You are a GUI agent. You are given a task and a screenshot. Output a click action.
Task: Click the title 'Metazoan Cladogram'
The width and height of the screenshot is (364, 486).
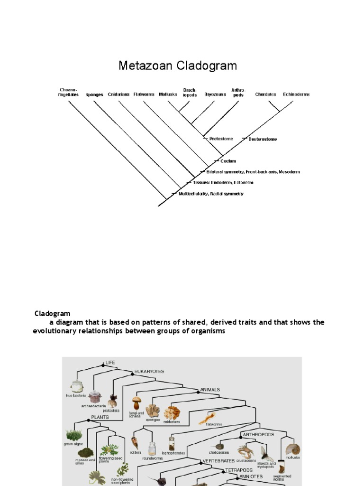[x=177, y=65]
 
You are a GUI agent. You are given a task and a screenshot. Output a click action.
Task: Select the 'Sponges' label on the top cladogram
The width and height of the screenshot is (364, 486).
[x=94, y=94]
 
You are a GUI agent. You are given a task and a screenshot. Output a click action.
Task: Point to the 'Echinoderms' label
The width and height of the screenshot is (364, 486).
[x=296, y=94]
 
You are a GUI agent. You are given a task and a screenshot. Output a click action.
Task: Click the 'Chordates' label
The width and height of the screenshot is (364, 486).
[x=265, y=94]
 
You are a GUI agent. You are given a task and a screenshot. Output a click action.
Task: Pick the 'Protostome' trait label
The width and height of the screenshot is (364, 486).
[x=221, y=139]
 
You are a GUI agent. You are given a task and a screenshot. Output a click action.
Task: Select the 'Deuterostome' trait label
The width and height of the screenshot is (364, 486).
[x=263, y=139]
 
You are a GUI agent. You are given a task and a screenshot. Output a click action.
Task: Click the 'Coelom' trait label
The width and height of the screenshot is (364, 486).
[x=228, y=161]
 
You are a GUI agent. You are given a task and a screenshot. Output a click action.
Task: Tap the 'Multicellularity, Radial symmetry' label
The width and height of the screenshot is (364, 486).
[x=211, y=194]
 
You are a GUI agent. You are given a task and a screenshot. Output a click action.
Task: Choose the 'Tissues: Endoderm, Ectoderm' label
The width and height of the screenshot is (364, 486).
[x=223, y=182]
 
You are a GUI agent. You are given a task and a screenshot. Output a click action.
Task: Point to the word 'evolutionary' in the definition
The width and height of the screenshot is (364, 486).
[x=56, y=331]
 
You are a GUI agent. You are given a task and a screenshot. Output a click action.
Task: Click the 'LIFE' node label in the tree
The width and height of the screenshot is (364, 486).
[x=110, y=362]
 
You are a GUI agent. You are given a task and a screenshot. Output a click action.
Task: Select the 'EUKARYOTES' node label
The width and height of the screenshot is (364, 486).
[x=149, y=371]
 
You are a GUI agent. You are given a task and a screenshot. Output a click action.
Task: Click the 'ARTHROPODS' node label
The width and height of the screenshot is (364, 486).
[x=259, y=434]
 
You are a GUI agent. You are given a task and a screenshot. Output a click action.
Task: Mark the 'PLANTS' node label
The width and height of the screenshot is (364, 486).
[x=100, y=417]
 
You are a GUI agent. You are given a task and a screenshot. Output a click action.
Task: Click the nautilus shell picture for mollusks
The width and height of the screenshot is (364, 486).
[x=292, y=449]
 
